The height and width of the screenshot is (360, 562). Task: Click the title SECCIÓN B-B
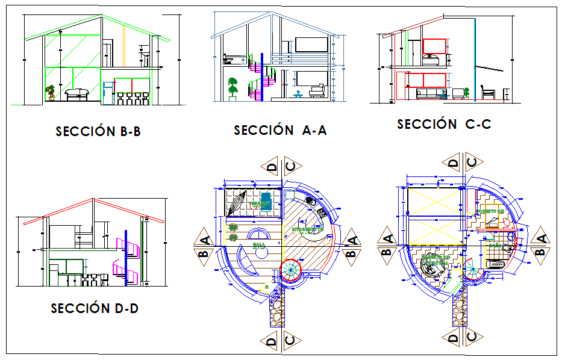pyautogui.click(x=98, y=131)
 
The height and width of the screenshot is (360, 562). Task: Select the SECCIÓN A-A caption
pyautogui.click(x=280, y=130)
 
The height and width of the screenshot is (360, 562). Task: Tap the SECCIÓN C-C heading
pyautogui.click(x=444, y=124)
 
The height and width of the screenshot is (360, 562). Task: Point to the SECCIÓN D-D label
pyautogui.click(x=95, y=308)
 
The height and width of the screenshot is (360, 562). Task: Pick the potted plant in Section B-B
pyautogui.click(x=51, y=92)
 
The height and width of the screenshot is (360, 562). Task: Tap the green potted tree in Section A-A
pyautogui.click(x=233, y=88)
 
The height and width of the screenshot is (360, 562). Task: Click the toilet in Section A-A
pyautogui.click(x=229, y=60)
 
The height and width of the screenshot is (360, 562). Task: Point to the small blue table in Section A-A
pyautogui.click(x=298, y=94)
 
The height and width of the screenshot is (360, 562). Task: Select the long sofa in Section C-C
pyautogui.click(x=430, y=93)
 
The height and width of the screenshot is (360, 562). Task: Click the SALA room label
pyautogui.click(x=259, y=246)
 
